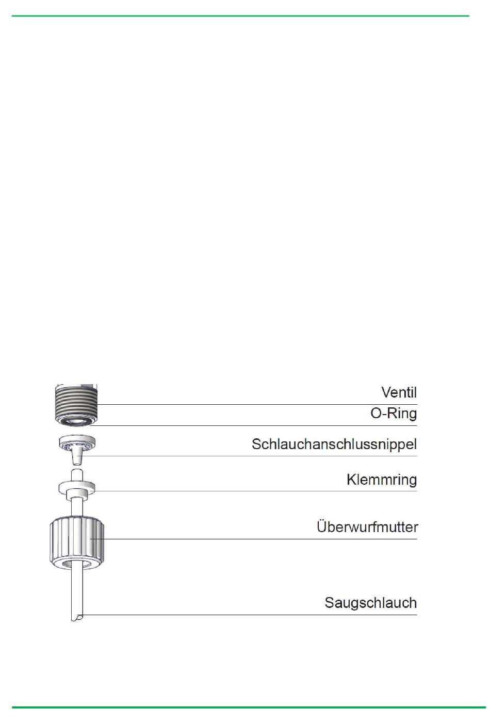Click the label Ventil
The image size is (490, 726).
click(399, 392)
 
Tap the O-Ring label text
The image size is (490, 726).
click(394, 414)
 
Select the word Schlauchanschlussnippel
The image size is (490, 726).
click(334, 444)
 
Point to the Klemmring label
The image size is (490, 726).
click(381, 480)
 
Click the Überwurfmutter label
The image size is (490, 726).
click(367, 527)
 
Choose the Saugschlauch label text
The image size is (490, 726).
click(370, 603)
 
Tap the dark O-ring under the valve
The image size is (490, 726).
click(75, 422)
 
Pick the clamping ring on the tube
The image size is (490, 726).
click(77, 487)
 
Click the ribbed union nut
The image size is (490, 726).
click(77, 541)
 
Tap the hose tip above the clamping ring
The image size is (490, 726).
click(76, 474)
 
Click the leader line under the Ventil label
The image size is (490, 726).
click(258, 405)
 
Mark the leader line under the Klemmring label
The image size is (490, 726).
click(258, 491)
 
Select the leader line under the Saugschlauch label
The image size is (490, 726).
click(258, 615)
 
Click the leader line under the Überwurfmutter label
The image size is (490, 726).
click(258, 539)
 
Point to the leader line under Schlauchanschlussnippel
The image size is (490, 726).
click(258, 456)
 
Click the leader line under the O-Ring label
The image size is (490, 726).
click(258, 425)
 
